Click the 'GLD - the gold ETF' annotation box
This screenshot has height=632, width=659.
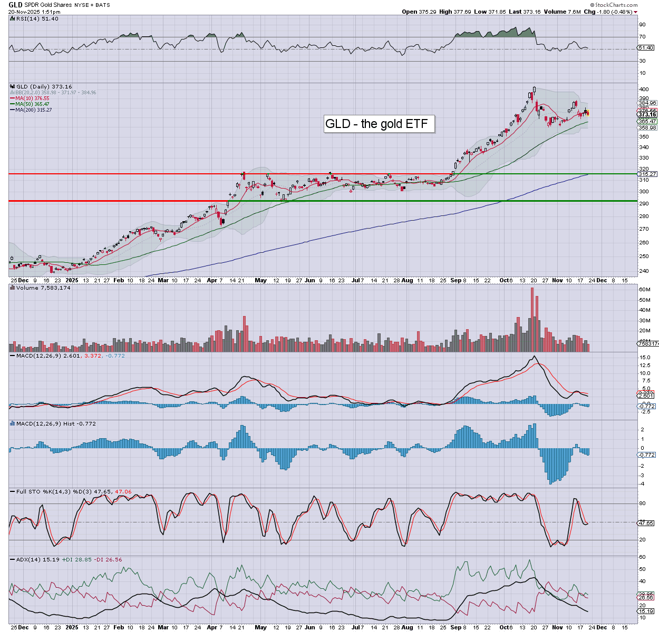(x=376, y=124)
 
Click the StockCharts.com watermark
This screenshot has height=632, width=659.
(x=616, y=5)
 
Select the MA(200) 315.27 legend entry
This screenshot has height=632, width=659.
(x=33, y=110)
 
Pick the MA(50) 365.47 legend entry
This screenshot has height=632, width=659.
(x=32, y=104)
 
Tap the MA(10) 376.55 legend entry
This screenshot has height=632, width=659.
(x=32, y=98)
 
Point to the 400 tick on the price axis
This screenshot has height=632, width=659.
(x=643, y=90)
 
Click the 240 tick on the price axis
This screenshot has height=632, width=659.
(x=643, y=271)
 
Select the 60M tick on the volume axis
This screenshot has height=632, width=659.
(x=644, y=290)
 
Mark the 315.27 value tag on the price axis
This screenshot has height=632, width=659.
(x=647, y=174)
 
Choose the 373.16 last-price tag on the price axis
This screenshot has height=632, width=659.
(x=647, y=114)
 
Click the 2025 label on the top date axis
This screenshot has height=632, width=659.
(x=72, y=280)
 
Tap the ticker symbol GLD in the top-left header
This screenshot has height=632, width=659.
(x=15, y=5)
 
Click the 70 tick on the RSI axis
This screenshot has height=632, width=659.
(x=642, y=37)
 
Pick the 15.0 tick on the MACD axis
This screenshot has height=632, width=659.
(x=645, y=358)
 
